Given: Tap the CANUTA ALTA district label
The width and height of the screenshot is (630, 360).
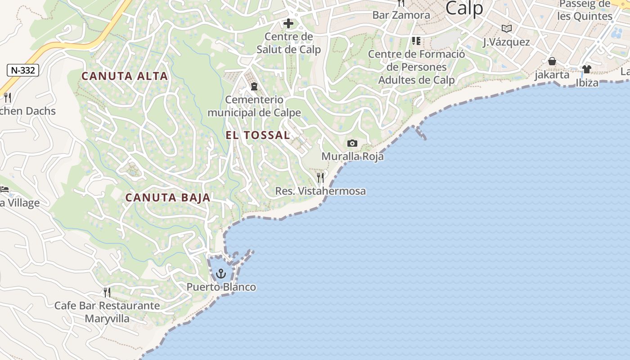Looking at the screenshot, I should point(125,76).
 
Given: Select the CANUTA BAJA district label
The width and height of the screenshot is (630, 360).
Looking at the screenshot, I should point(168,198).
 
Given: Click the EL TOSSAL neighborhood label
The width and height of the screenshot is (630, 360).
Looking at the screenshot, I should point(258,135).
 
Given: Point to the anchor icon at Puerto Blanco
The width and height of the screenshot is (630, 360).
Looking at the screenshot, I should point(220,273).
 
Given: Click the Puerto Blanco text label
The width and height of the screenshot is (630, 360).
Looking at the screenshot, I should point(221,287).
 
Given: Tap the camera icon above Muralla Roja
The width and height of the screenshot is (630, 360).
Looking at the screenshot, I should point(352,144).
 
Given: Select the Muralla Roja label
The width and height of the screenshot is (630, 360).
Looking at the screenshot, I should point(352,157).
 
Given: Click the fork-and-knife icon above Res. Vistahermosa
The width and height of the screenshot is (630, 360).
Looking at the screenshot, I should point(320,177).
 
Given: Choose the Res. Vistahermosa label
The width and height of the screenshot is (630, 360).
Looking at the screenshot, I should point(320,191).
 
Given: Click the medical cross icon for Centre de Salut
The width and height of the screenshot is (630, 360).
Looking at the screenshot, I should point(288,23).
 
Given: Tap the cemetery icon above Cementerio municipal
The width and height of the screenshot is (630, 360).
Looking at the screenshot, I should point(254,86).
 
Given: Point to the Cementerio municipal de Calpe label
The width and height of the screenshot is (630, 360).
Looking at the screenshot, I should point(254,106).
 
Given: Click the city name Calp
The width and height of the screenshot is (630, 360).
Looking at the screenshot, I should point(464,9).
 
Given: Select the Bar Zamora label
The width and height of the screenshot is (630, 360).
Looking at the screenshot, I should point(401,15).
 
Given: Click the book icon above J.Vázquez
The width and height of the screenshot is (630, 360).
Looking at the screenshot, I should point(507,29).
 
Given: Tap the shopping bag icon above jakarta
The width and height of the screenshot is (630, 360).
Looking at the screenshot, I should point(552,61).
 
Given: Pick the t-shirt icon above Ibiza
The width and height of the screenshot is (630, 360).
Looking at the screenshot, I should point(587,69).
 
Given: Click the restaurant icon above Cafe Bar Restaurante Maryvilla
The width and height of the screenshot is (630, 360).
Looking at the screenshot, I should point(107,292).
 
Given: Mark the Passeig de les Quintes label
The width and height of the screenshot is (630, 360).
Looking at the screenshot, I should point(585,10).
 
